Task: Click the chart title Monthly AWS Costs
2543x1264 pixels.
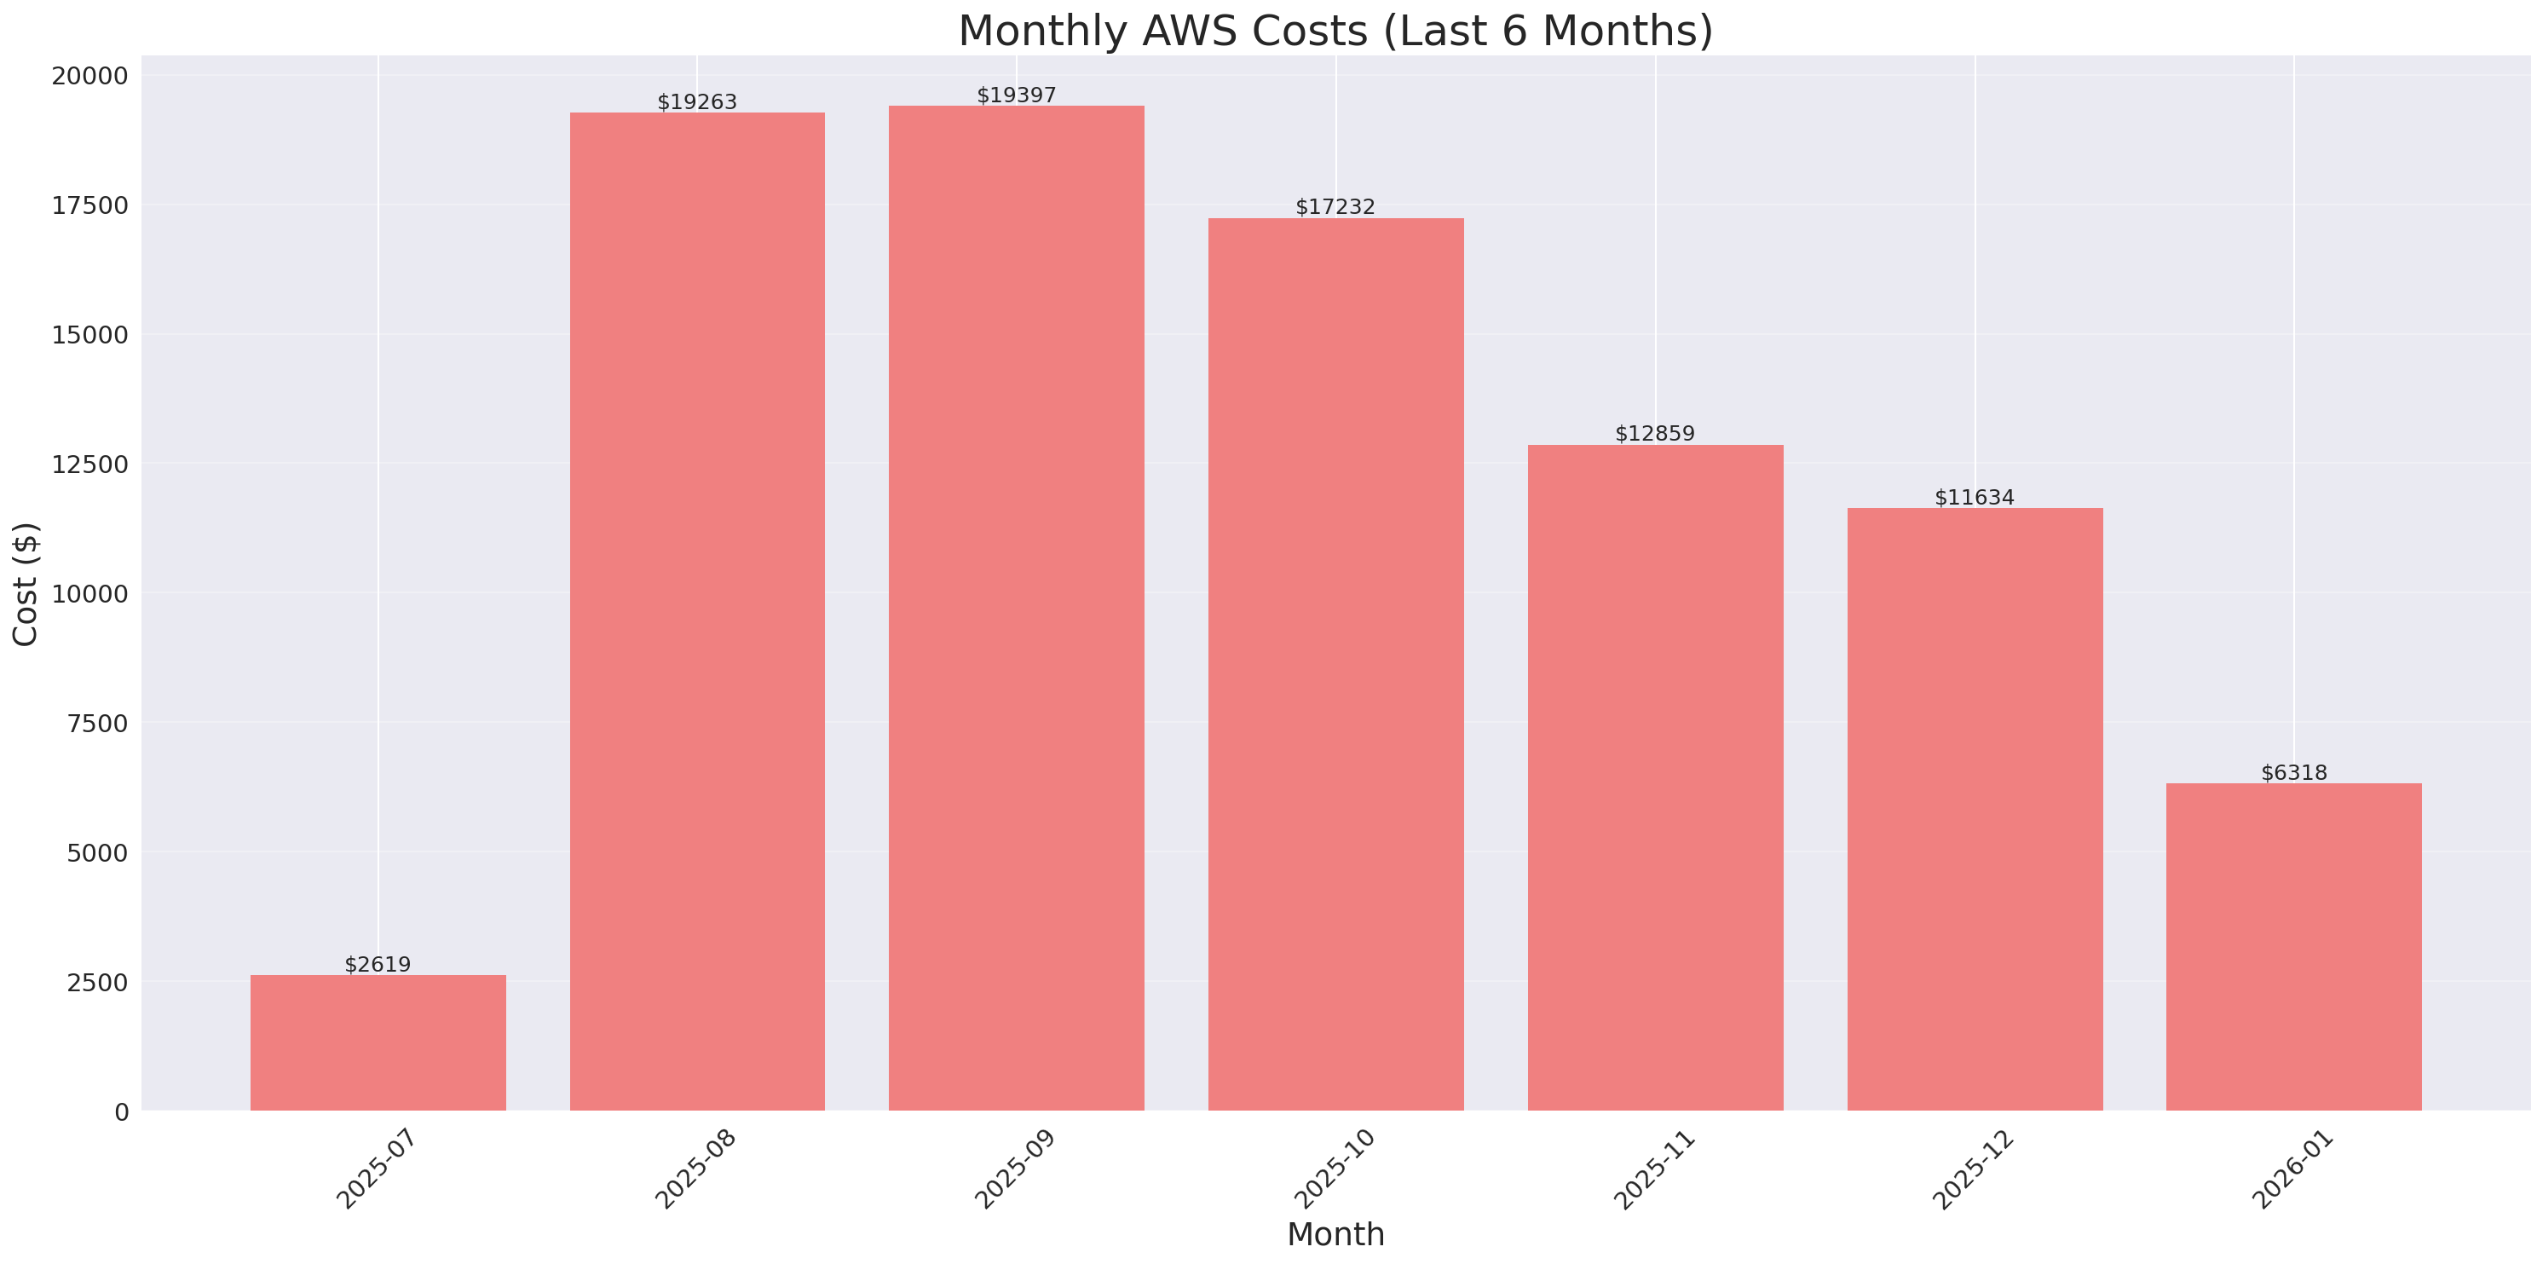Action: click(x=1335, y=31)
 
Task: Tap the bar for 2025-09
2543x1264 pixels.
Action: click(x=1016, y=609)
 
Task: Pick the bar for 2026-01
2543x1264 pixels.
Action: click(x=2293, y=947)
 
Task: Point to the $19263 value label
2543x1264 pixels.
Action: click(x=697, y=101)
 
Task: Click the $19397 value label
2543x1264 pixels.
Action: click(x=1016, y=95)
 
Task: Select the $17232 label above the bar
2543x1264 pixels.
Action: click(x=1335, y=206)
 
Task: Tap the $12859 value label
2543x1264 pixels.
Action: click(x=1654, y=434)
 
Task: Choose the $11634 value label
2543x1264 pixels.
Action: click(x=1974, y=497)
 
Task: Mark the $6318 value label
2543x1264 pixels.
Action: click(x=2293, y=772)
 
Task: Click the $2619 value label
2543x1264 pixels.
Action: click(x=378, y=964)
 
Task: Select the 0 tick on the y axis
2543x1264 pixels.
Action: click(x=121, y=1113)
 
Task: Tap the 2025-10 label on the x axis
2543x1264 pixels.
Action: click(x=1335, y=1169)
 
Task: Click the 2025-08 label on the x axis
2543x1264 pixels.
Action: click(x=696, y=1169)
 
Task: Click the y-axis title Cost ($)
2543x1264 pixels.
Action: click(x=26, y=584)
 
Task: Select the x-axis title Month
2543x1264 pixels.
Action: click(x=1335, y=1234)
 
